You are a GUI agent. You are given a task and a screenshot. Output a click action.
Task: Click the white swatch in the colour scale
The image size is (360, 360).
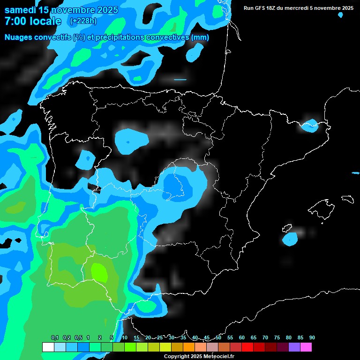coord(48,347)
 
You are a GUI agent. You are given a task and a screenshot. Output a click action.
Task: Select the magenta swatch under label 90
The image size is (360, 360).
coord(306,347)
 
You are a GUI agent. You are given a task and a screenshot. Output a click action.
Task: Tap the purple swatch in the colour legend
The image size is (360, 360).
coord(294,347)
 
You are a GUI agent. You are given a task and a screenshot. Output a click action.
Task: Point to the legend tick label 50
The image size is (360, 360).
coord(218,338)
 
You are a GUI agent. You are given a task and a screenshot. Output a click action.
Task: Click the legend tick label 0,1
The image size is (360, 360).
coord(55,338)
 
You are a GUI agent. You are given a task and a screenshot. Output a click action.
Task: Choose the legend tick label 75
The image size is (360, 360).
coord(277,338)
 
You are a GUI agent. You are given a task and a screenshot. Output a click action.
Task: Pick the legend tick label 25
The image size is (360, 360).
coord(160,338)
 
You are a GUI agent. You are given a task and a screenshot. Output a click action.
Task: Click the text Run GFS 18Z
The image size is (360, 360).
coord(262,8)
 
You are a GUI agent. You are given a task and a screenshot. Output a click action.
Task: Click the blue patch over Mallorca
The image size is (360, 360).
coord(291,239)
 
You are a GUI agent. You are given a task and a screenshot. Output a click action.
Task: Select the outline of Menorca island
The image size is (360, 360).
coord(347,199)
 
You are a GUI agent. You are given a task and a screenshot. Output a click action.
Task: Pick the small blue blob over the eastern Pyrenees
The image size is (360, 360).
coord(309,125)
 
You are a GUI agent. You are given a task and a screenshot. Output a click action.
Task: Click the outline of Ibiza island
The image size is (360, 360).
coord(287,229)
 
